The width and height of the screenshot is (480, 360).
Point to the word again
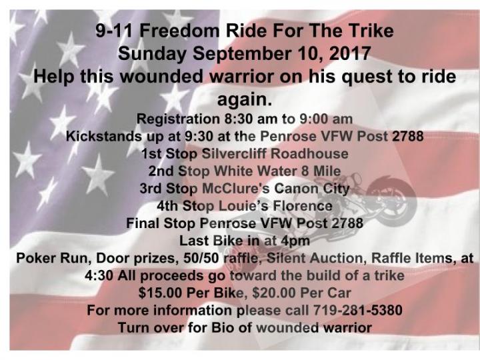[244, 100]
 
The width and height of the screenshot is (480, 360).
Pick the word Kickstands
[104, 136]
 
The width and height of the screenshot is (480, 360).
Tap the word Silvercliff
[234, 154]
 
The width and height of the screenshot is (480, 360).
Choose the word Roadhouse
[309, 154]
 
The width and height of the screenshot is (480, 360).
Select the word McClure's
[236, 189]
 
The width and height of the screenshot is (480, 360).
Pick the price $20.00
[274, 293]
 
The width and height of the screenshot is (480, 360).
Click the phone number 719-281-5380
[357, 311]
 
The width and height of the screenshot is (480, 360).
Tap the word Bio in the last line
[222, 328]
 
